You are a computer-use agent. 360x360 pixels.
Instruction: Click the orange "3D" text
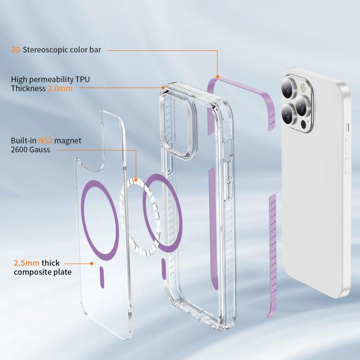click(x=16, y=50)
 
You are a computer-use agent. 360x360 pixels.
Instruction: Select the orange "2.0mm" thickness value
click(x=60, y=88)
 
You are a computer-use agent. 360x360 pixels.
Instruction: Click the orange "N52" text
click(x=45, y=141)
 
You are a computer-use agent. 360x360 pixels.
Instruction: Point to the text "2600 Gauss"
click(x=30, y=150)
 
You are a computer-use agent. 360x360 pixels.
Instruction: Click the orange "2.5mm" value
click(x=26, y=263)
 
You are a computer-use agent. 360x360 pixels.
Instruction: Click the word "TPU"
click(x=83, y=79)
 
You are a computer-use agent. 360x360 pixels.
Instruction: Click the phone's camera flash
click(x=303, y=87)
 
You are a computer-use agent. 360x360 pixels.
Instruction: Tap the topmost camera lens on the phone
click(x=288, y=88)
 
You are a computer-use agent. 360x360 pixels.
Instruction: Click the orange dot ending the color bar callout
click(x=217, y=77)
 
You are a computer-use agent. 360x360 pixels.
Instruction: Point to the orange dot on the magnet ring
click(x=136, y=180)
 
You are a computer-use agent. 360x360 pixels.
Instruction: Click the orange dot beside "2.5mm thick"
click(x=92, y=264)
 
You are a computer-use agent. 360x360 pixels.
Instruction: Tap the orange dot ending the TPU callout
click(x=163, y=88)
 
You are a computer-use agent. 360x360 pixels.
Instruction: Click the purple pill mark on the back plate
click(x=102, y=277)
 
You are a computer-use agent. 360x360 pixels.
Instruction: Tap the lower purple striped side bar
click(x=273, y=255)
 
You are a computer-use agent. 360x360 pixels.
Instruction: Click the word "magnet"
click(x=68, y=141)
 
